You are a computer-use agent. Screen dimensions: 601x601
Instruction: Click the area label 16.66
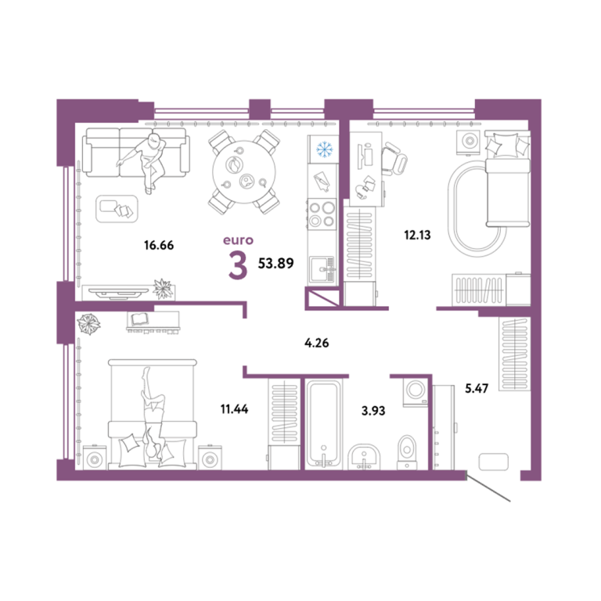pyautogui.click(x=159, y=245)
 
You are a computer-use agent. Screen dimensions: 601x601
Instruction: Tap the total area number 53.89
pyautogui.click(x=276, y=263)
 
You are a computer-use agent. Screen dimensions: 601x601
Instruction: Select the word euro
pyautogui.click(x=238, y=240)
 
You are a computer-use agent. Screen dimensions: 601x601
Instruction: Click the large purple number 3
pyautogui.click(x=238, y=265)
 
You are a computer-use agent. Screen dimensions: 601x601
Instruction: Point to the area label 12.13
pyautogui.click(x=417, y=235)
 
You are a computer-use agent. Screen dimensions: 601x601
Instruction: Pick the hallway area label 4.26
pyautogui.click(x=317, y=343)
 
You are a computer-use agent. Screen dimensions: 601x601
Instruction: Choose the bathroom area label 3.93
pyautogui.click(x=373, y=411)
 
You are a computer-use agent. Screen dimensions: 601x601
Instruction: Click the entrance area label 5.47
pyautogui.click(x=477, y=389)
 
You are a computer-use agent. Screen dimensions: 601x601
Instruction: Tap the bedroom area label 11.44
pyautogui.click(x=234, y=409)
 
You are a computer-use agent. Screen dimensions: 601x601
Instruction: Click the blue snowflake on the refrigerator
pyautogui.click(x=324, y=149)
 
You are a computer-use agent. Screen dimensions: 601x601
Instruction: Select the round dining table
pyautogui.click(x=244, y=172)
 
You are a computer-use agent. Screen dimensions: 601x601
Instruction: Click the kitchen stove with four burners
pyautogui.click(x=322, y=214)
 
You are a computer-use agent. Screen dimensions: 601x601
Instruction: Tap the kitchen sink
pyautogui.click(x=322, y=269)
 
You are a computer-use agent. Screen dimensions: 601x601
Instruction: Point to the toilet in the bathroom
pyautogui.click(x=407, y=452)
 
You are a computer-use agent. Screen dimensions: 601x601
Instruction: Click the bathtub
pyautogui.click(x=323, y=423)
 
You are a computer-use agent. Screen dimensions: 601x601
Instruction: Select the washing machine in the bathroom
pyautogui.click(x=415, y=392)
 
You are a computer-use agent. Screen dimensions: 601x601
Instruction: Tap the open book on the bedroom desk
pyautogui.click(x=139, y=319)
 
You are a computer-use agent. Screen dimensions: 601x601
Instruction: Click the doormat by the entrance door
pyautogui.click(x=494, y=462)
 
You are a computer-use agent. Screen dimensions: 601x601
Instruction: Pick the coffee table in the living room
pyautogui.click(x=117, y=209)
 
